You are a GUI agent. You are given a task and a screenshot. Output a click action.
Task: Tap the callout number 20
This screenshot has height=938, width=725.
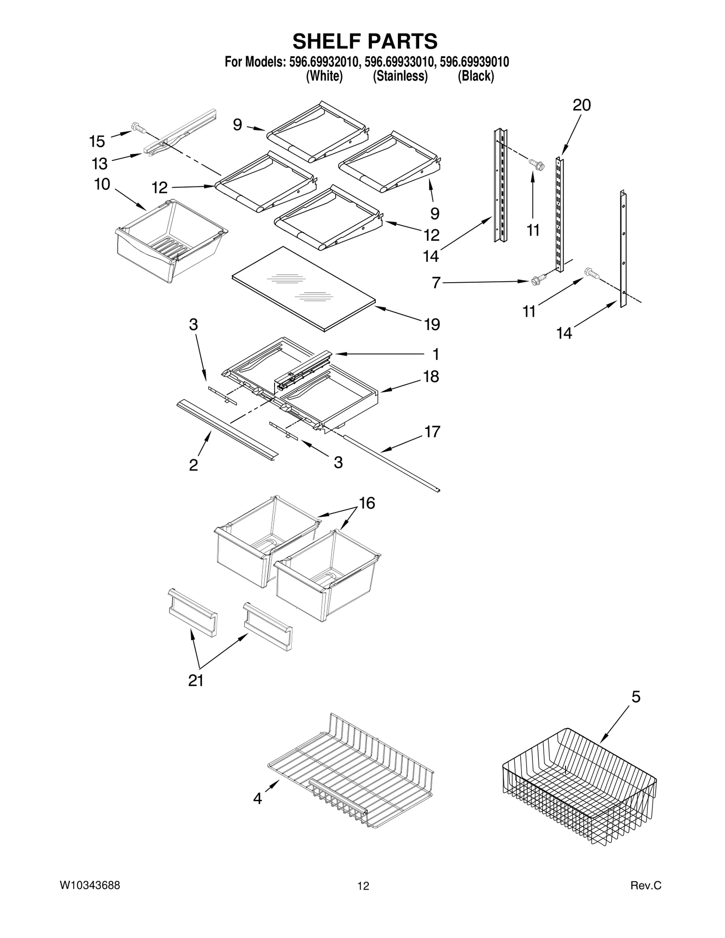(x=582, y=105)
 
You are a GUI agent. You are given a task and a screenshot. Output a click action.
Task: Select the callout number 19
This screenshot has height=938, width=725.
(x=432, y=324)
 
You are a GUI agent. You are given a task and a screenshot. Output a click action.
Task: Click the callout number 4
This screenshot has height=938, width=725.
(x=257, y=799)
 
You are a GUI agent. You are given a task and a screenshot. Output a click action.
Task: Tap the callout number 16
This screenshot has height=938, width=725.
(x=367, y=503)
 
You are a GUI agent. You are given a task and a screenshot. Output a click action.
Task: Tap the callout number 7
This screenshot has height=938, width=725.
(x=436, y=283)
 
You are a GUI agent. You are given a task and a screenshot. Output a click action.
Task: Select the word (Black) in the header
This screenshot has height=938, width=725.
(x=476, y=76)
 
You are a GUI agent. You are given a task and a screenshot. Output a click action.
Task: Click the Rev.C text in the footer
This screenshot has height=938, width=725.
(x=646, y=885)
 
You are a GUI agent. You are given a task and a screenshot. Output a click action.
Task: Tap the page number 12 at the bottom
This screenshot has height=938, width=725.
(x=363, y=886)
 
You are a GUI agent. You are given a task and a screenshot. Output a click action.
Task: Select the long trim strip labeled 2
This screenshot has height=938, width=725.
(x=227, y=429)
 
